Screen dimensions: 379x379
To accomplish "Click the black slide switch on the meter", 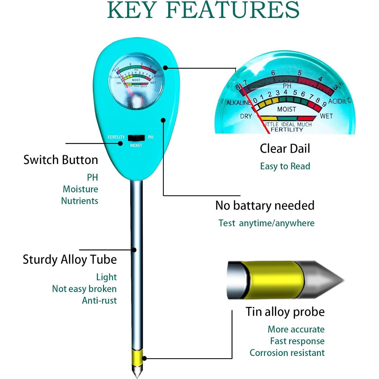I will (136, 138).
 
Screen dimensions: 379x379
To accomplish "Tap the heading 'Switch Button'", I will (61, 160).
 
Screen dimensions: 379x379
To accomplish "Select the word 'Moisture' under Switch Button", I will (80, 189).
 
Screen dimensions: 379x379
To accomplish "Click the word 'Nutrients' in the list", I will (79, 201).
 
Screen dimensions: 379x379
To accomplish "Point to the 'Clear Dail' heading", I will (285, 149).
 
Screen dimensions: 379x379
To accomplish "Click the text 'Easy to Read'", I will (285, 166).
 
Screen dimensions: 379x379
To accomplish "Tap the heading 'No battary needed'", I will (265, 205).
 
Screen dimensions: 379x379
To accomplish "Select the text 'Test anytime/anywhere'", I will (266, 223).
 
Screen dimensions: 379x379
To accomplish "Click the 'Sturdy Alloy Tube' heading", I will (70, 260).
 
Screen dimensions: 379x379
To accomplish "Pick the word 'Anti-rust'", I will (99, 300).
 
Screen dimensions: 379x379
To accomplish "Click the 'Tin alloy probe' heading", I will (285, 312).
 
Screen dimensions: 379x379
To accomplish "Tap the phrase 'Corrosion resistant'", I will (287, 353).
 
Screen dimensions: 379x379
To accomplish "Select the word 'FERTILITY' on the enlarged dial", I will (287, 130).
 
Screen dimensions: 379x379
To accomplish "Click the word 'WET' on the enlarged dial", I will (326, 116).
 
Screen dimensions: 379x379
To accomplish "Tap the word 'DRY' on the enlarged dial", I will (246, 116).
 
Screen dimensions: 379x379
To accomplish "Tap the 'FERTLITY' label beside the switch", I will (116, 137).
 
